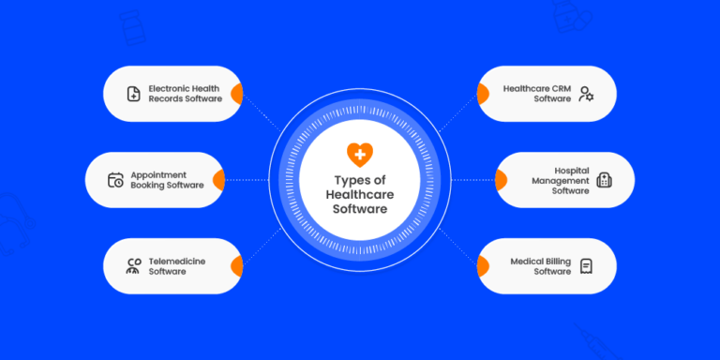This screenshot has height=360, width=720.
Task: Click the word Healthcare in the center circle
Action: (359, 194)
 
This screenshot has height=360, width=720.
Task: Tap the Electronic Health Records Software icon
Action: (134, 94)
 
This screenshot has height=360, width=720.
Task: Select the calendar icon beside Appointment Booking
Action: (115, 180)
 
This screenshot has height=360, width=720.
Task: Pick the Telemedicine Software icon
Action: (133, 266)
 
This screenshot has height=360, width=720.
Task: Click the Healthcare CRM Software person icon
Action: (586, 94)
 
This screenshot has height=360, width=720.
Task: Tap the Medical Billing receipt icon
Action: (586, 266)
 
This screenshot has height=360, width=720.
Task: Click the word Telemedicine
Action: (177, 261)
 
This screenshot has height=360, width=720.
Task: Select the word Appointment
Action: (158, 174)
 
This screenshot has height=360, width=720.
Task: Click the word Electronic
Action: (172, 88)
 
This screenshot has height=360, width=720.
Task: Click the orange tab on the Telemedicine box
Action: (238, 266)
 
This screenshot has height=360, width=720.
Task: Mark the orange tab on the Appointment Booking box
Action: (219, 180)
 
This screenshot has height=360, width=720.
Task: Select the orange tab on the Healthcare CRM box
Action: (482, 94)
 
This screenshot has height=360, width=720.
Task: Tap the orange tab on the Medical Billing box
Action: (482, 266)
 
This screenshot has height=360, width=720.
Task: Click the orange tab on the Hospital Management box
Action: (501, 180)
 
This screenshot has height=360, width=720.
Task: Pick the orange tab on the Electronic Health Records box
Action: (238, 94)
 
